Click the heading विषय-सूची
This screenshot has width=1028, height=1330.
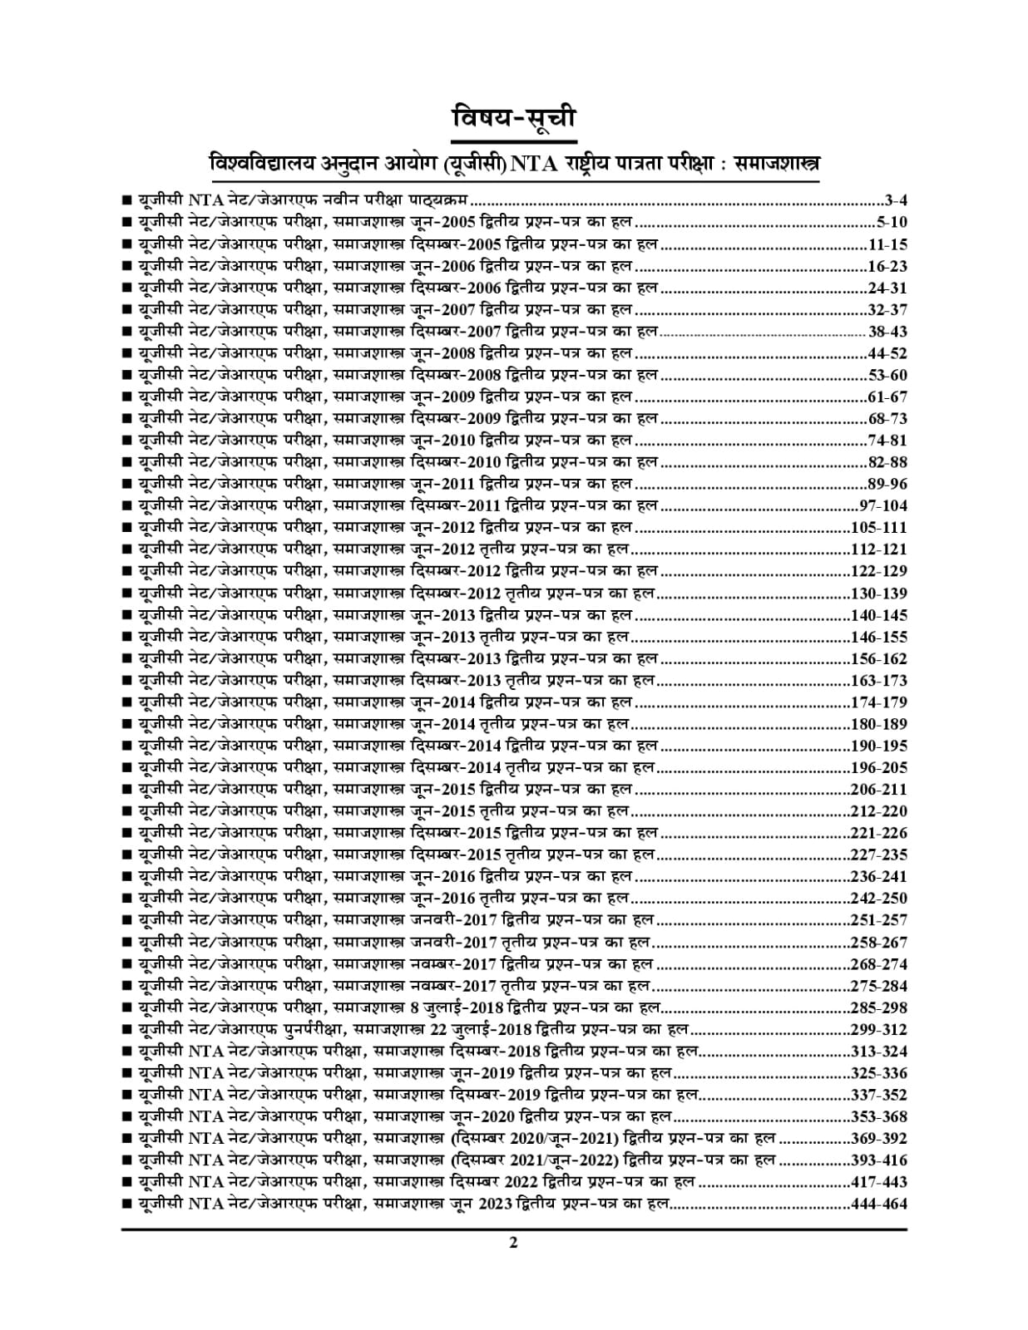(513, 118)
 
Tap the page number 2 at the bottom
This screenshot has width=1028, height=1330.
(513, 1243)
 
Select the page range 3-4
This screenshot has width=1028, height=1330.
(896, 200)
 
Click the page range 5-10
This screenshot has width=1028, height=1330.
(891, 222)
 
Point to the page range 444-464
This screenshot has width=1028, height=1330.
(879, 1204)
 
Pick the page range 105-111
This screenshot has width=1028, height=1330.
(879, 527)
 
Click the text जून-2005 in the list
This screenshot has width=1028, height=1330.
(442, 222)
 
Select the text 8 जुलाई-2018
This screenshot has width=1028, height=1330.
(457, 1007)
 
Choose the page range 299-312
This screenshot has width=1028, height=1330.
(879, 1029)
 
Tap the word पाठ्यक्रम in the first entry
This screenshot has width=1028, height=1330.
(438, 200)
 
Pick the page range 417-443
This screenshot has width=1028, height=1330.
(879, 1182)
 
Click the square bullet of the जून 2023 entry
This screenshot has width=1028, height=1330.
(126, 1204)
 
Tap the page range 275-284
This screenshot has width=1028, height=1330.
(879, 986)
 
